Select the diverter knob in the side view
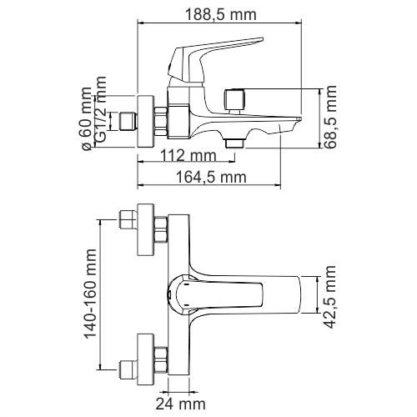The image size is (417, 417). pyautogui.click(x=235, y=100)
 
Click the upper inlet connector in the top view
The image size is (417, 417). pyautogui.click(x=129, y=223)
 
